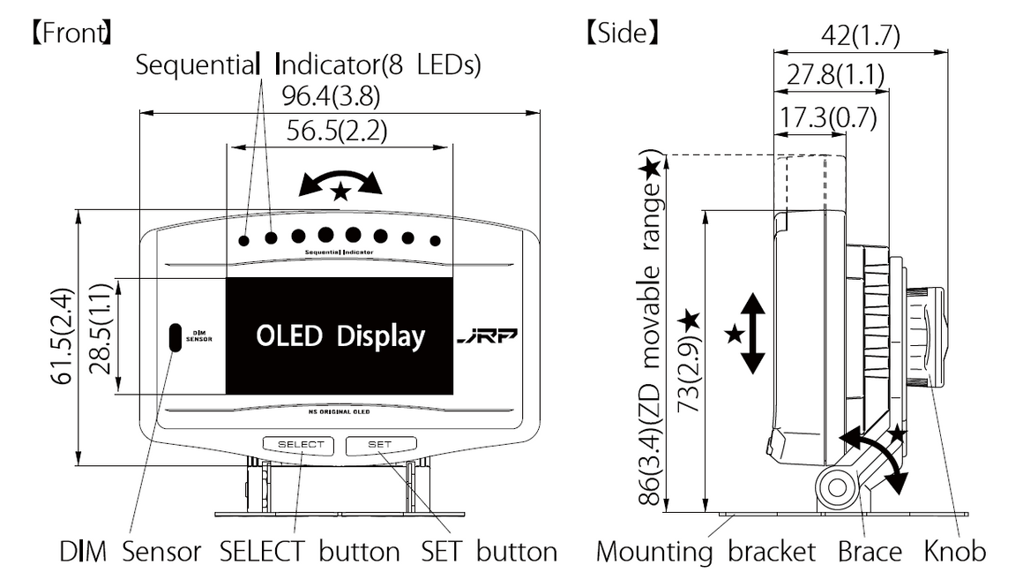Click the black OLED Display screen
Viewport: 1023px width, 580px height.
click(340, 335)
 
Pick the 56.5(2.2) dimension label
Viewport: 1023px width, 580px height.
click(337, 132)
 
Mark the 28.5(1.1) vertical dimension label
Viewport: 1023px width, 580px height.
click(101, 336)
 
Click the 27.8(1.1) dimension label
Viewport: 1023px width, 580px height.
click(835, 75)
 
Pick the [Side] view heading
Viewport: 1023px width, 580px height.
click(623, 34)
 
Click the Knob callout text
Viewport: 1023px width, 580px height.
click(955, 552)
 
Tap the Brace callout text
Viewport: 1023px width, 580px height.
click(870, 552)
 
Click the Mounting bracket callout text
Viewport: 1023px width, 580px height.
click(706, 552)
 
